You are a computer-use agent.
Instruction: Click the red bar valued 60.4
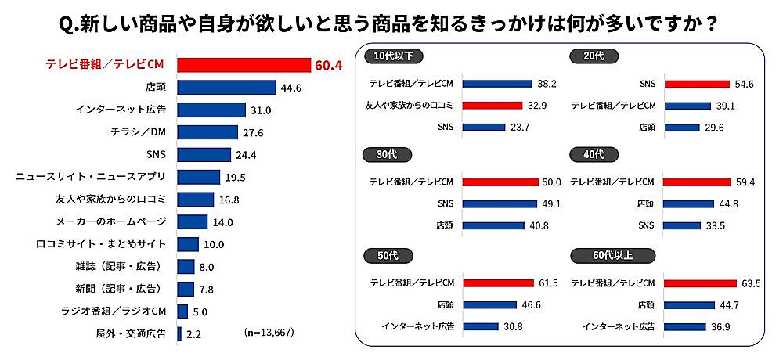tap(244, 65)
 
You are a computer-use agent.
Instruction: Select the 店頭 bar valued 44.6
tap(226, 88)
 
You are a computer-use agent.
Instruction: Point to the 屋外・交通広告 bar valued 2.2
tap(179, 334)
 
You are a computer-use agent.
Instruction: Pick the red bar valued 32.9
tap(492, 105)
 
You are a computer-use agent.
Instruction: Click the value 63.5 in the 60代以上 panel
tap(749, 283)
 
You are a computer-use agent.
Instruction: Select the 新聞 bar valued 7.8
tap(186, 289)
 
